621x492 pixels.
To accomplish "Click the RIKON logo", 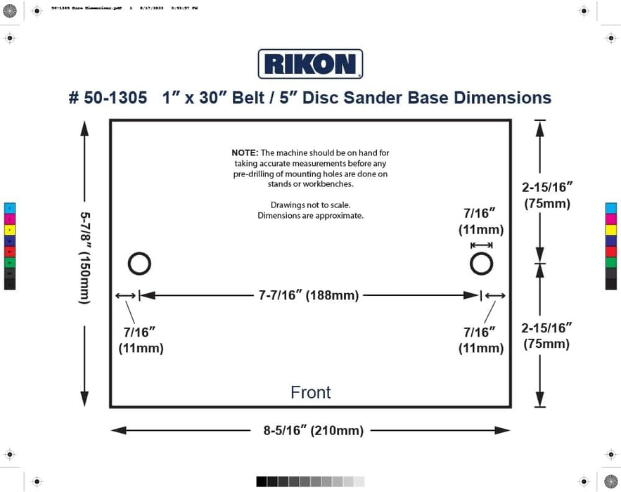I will click(x=310, y=64).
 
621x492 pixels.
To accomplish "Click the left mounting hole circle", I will click(x=139, y=264).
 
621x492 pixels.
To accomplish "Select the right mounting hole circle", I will click(x=481, y=264).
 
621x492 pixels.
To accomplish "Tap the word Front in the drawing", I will click(x=310, y=392).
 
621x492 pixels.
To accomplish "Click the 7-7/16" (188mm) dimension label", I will click(x=308, y=296).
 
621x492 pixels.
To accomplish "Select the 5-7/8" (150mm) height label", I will click(x=84, y=258).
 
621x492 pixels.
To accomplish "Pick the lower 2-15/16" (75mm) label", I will click(x=547, y=335).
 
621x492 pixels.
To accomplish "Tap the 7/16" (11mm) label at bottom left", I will click(x=141, y=340).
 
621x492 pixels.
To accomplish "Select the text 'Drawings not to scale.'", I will click(x=310, y=205).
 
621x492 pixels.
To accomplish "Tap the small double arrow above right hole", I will click(x=481, y=245).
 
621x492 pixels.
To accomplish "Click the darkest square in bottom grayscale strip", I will click(x=262, y=481).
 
